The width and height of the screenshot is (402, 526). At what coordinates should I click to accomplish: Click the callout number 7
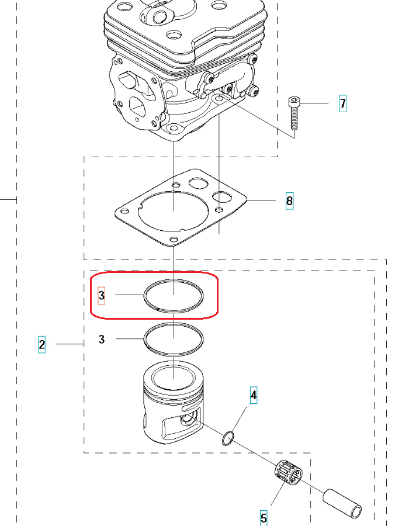pos(342,103)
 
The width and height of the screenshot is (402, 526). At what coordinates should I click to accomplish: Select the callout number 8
pos(289,200)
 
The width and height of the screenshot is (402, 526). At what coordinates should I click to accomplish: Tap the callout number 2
pos(41,344)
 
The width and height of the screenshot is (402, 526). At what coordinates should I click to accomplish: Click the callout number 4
pos(254,395)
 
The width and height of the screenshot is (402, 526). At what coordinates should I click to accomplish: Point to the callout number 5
pos(264,518)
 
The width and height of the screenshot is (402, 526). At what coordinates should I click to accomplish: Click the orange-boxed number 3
pos(101,296)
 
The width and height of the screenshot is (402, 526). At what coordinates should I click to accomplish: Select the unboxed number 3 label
pos(102,339)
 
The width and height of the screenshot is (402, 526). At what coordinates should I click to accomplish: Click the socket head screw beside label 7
pos(294,113)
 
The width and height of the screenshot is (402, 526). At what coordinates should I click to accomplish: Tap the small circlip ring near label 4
pos(228,439)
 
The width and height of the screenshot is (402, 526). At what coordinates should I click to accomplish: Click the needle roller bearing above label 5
pos(288,473)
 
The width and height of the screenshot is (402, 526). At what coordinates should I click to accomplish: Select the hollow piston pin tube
pos(342,502)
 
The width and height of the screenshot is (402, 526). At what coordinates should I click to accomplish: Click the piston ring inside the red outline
pos(174,280)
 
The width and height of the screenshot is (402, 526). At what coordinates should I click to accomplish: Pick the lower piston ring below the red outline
pos(174,324)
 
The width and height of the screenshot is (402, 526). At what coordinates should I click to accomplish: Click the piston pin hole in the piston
pos(186,419)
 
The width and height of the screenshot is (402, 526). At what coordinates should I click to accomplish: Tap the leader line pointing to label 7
pos(314,103)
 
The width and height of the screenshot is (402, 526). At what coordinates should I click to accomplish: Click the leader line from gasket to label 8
pos(261,200)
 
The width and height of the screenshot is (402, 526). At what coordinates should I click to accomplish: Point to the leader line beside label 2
pos(70,344)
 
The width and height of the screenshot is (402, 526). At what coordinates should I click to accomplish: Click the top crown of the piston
pos(174,375)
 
